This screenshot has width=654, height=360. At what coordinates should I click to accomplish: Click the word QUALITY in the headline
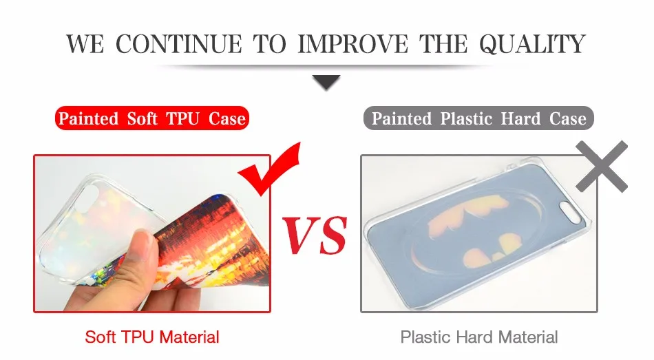532,44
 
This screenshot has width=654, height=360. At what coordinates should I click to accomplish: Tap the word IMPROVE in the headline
353,44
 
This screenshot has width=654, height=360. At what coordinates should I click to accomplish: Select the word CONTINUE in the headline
178,44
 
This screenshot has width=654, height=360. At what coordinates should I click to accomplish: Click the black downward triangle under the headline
326,82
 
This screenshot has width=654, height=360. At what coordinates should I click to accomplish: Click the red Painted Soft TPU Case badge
152,118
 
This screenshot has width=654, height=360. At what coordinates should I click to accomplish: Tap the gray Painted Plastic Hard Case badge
478,118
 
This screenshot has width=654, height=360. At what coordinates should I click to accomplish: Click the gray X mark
602,166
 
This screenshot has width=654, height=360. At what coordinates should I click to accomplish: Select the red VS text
315,235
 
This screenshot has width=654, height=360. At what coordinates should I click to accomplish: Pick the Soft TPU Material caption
152,337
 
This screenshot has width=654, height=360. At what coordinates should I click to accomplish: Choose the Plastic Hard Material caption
479,337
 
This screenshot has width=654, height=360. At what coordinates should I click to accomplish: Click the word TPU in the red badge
182,118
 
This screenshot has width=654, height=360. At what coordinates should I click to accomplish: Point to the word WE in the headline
85,44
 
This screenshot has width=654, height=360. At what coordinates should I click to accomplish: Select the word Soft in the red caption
100,337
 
